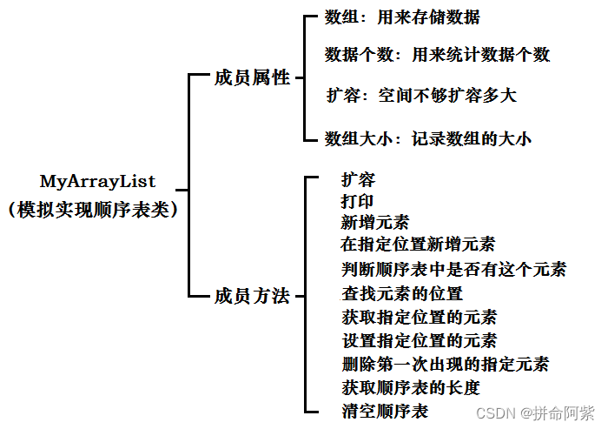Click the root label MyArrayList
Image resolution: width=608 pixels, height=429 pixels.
coord(97,182)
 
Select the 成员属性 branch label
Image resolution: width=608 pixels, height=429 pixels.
coord(251,78)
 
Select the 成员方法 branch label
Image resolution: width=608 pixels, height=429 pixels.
coord(251,296)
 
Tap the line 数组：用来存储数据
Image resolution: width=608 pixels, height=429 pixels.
coord(401,17)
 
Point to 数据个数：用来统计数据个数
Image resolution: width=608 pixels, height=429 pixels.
coord(437,55)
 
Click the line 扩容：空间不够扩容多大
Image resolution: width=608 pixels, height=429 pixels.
coord(421,95)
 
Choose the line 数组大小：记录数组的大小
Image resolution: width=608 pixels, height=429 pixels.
coord(427,137)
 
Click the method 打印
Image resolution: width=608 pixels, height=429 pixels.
coord(358,201)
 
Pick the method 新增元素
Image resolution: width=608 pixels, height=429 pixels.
coord(375,222)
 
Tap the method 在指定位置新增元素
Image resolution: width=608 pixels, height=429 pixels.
coord(418,245)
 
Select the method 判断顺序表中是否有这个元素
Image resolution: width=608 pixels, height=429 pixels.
coord(453,269)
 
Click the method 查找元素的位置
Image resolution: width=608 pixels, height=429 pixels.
coord(401,293)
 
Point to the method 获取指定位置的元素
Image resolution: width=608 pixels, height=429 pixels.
coord(419,317)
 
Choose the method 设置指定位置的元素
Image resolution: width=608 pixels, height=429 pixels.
coord(419,340)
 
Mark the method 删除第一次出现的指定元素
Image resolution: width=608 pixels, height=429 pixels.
coord(445,364)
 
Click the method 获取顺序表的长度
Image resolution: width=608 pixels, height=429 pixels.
coord(410,387)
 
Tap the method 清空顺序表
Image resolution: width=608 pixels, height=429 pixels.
coord(384,410)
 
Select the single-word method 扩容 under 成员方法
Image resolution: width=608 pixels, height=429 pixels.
coord(358,180)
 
